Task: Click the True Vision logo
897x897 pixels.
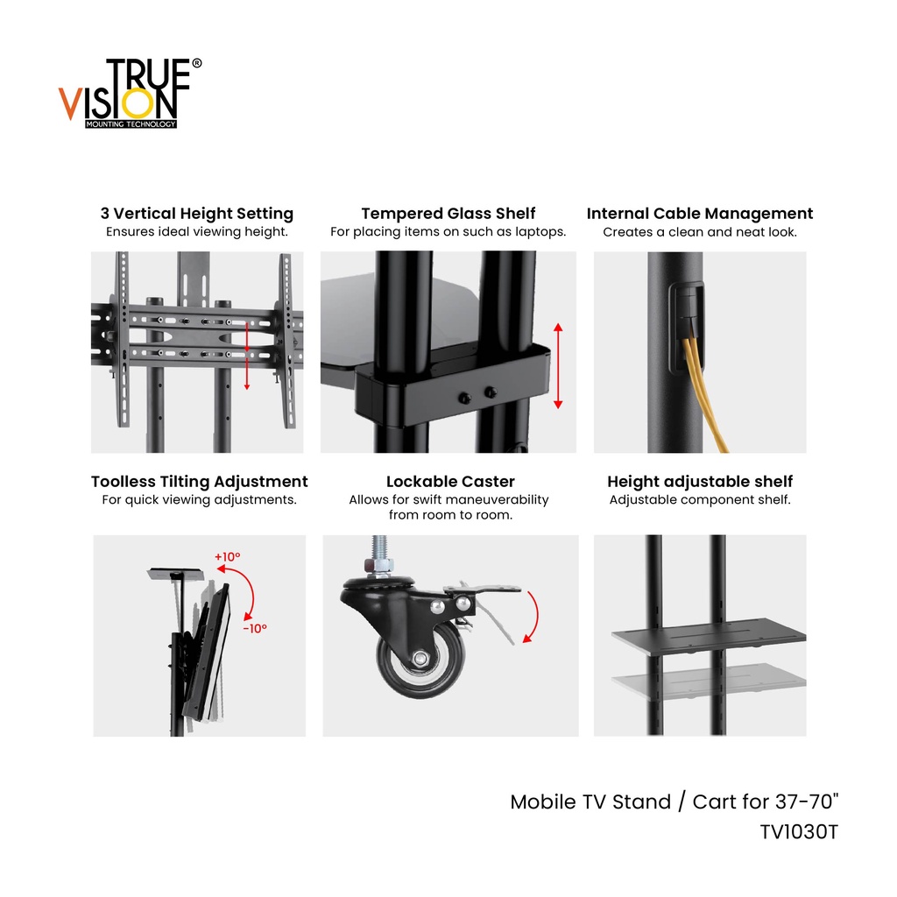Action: [130, 93]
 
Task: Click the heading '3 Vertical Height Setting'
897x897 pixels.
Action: [197, 214]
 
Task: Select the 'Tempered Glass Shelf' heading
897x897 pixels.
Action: [448, 214]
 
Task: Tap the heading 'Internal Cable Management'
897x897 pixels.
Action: [700, 214]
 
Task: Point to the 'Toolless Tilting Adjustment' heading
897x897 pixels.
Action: [199, 482]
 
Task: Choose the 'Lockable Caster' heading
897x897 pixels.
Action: [450, 482]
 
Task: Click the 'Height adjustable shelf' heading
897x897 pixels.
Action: [700, 482]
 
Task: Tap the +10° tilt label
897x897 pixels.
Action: [227, 556]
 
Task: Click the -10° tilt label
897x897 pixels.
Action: [255, 629]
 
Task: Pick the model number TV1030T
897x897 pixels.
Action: [799, 832]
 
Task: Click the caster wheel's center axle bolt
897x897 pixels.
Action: [421, 659]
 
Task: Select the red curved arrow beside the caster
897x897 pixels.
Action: [532, 617]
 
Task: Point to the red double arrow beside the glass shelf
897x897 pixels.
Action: [558, 366]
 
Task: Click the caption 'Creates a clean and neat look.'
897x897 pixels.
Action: [700, 232]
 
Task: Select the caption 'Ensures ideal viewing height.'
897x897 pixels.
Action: [197, 231]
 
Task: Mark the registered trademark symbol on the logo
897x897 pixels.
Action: [197, 63]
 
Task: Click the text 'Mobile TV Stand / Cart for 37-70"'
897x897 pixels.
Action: [675, 802]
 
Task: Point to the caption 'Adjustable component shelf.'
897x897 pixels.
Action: [700, 500]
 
